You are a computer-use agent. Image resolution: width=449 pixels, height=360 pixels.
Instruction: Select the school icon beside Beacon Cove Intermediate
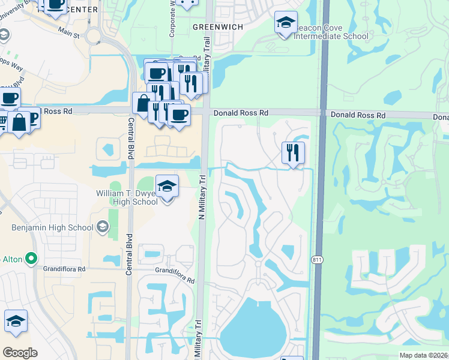tap(286, 23)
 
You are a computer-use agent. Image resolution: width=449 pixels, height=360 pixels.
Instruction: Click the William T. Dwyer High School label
tap(127, 197)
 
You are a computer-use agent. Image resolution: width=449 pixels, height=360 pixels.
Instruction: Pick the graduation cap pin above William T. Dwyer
tap(167, 187)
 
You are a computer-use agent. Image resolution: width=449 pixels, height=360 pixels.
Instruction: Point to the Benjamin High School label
tap(52, 227)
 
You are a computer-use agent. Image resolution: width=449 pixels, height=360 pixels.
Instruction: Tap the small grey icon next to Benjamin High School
tap(103, 227)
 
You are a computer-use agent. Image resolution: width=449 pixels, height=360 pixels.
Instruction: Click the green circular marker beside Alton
tap(31, 259)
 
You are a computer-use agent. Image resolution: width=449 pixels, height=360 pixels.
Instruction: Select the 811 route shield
tap(316, 259)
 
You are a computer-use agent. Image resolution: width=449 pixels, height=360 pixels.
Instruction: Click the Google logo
tap(20, 352)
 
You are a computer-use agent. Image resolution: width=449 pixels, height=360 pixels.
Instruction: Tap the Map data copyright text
tap(423, 355)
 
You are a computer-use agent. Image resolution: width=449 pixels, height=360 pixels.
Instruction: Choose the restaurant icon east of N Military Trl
tap(293, 153)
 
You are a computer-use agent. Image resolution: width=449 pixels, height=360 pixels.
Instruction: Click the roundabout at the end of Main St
tap(93, 37)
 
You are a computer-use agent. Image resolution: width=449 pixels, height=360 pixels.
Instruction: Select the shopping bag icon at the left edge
tap(19, 122)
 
